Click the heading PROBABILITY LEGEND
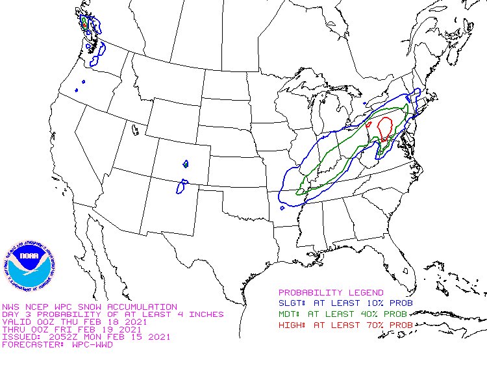point(331,293)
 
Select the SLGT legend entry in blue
point(345,303)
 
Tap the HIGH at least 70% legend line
point(345,324)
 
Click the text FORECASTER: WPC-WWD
point(57,344)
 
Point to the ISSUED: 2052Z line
point(86,336)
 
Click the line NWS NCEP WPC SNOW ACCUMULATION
point(89,306)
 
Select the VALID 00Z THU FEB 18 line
point(73,321)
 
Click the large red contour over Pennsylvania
point(385,127)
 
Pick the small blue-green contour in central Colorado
point(186,164)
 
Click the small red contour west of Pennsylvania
point(369,123)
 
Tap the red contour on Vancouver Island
point(84,23)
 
